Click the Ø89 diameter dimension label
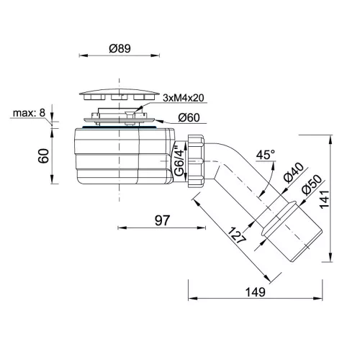pos(120,48)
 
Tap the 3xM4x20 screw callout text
pos(184,98)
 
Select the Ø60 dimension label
pos(189,117)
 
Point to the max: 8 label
pos(29,113)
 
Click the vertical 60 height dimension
pos(44,156)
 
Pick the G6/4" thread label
pos(179,159)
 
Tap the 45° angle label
pos(266,155)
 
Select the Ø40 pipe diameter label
pos(293,172)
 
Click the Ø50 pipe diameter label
pos(312,184)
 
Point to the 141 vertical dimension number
pos(324,199)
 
